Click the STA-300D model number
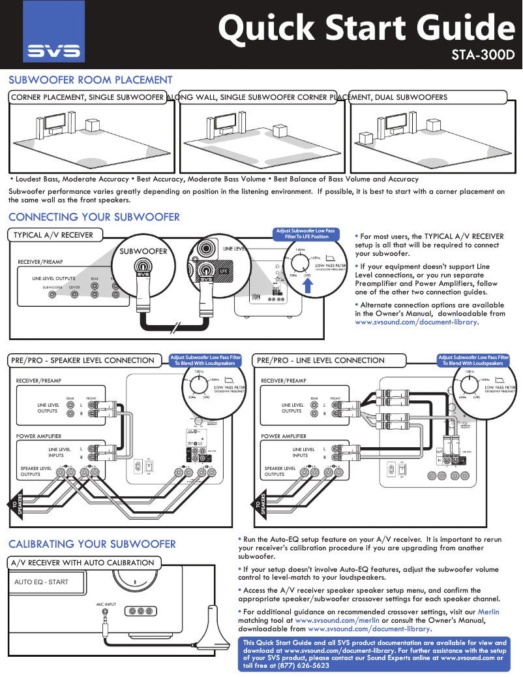[483, 54]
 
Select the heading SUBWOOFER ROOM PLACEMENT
[90, 80]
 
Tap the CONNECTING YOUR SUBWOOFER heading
[93, 217]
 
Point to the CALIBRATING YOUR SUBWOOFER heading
[92, 544]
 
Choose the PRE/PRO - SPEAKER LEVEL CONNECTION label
[84, 360]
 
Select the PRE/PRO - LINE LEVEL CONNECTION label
[321, 360]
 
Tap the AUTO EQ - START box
[42, 582]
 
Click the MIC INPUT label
[106, 605]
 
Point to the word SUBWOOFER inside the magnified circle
[143, 251]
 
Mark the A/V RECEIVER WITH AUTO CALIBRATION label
[83, 563]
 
